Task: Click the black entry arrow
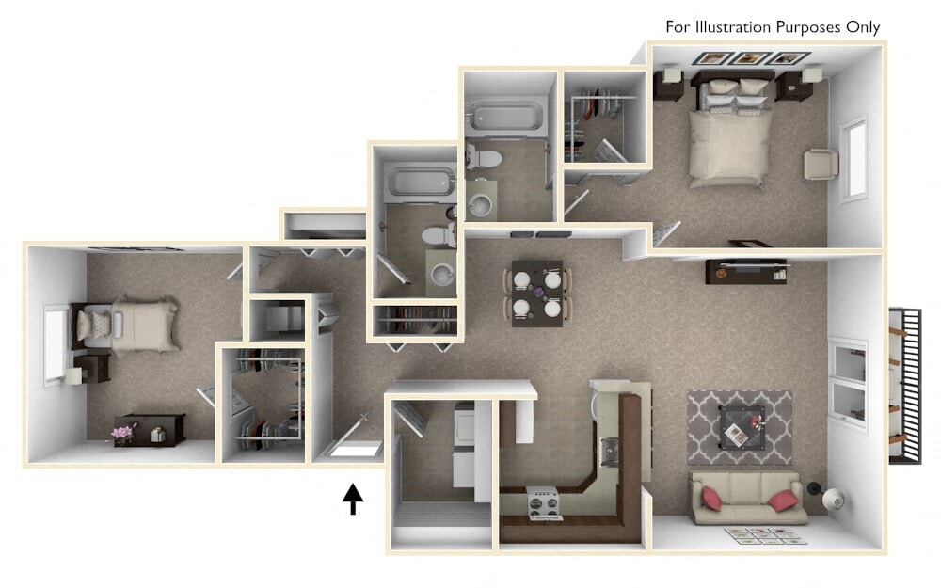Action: [x=353, y=499]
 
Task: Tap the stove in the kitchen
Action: [x=545, y=502]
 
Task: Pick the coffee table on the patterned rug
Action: [x=742, y=425]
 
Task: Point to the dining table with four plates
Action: [x=537, y=293]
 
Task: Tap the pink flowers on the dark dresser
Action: [x=122, y=432]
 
